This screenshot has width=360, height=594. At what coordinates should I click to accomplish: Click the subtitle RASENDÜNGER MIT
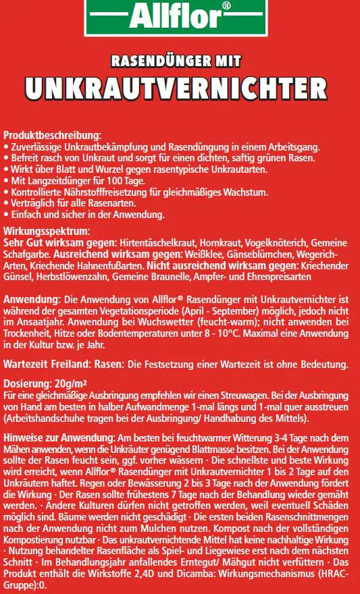click(x=180, y=62)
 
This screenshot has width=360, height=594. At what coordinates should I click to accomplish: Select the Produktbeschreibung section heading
click(x=52, y=135)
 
